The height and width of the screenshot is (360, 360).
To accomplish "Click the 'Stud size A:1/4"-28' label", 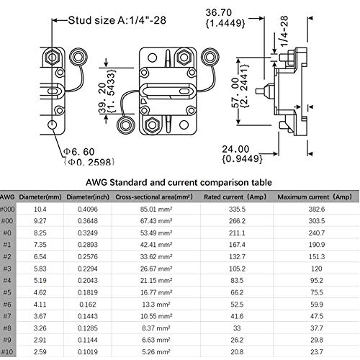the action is coord(117,20).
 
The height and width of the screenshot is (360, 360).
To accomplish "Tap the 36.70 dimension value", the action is coord(219,12).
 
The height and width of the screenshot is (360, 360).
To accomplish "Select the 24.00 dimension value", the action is coord(235,149).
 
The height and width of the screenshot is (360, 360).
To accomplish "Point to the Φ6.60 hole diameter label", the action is coord(79,152).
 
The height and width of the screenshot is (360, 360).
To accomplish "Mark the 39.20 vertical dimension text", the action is coord(103,98).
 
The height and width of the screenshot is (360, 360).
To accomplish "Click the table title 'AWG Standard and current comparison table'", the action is coord(179,182).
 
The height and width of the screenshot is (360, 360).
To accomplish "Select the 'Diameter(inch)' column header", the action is coord(88,197).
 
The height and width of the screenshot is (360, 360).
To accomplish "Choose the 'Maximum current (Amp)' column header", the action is coord(315,197).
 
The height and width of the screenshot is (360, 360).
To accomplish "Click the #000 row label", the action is coord(7,209).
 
